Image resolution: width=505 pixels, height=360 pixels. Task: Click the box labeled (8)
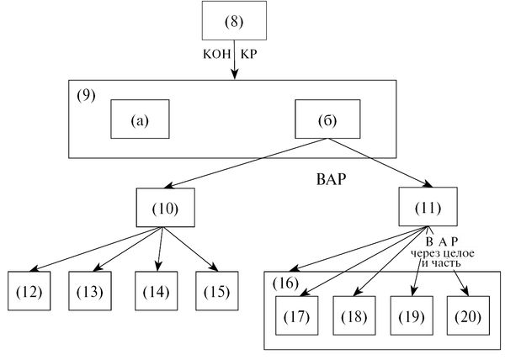point(233,20)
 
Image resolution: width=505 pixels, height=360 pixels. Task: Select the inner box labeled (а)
point(140,119)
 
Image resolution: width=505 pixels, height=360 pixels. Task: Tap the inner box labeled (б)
point(326,119)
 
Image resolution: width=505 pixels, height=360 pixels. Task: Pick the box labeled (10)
point(167,207)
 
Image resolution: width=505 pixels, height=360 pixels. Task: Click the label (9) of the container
point(86,93)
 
